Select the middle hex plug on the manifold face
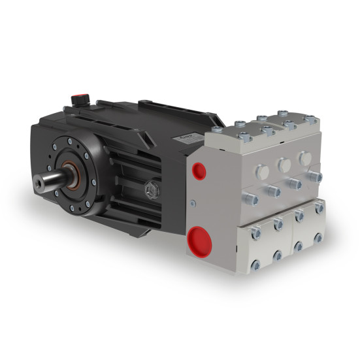(284, 164)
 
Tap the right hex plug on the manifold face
(304, 159)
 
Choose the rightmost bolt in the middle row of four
(317, 177)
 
